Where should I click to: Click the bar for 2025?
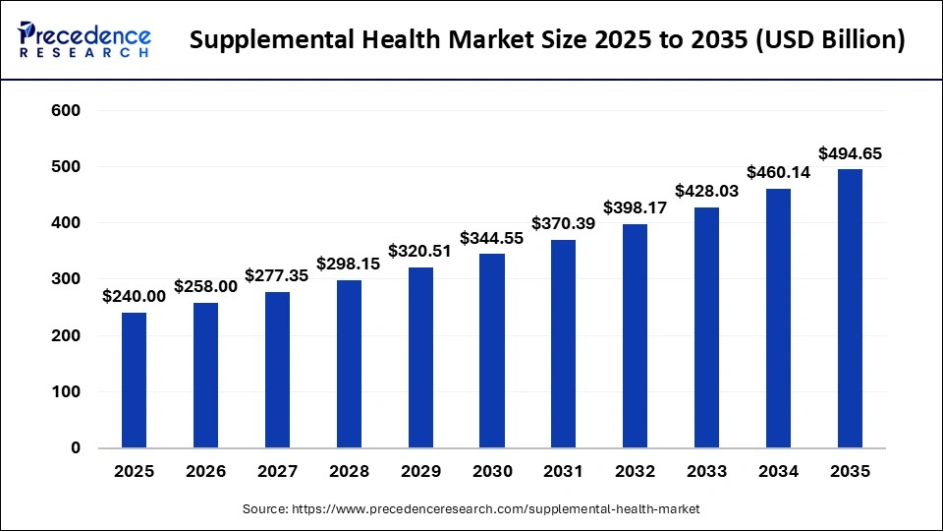pyautogui.click(x=134, y=380)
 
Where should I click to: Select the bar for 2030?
pyautogui.click(x=491, y=350)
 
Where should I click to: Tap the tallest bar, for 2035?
pyautogui.click(x=850, y=308)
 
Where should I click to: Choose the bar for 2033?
pyautogui.click(x=706, y=327)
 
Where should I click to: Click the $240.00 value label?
pyautogui.click(x=134, y=296)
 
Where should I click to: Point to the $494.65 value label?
pyautogui.click(x=850, y=152)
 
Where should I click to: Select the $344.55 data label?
pyautogui.click(x=491, y=237)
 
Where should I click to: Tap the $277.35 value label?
pyautogui.click(x=277, y=275)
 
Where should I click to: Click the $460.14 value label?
pyautogui.click(x=778, y=172)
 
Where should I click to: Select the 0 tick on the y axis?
pyautogui.click(x=76, y=448)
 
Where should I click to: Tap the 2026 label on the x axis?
pyautogui.click(x=205, y=472)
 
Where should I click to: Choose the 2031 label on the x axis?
pyautogui.click(x=563, y=472)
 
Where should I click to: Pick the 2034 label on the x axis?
pyautogui.click(x=778, y=472)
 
